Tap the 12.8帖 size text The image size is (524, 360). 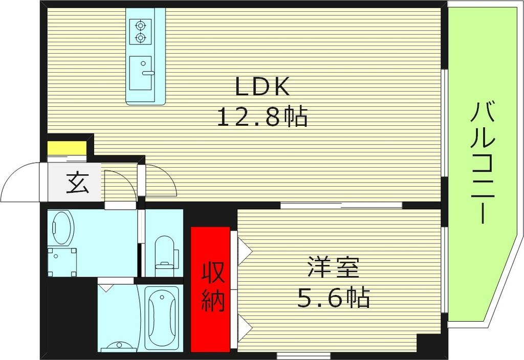coord(263,118)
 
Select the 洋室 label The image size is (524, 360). coord(333,268)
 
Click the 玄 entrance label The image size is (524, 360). coord(77,183)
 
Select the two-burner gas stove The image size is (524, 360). coord(140,31)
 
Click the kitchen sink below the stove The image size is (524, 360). coord(141,73)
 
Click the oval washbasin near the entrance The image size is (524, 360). coord(63,228)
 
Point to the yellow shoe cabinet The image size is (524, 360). coord(67,148)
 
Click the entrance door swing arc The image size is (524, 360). coord(20,182)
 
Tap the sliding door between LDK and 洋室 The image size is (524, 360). coord(341,206)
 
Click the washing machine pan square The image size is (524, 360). coord(62,261)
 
